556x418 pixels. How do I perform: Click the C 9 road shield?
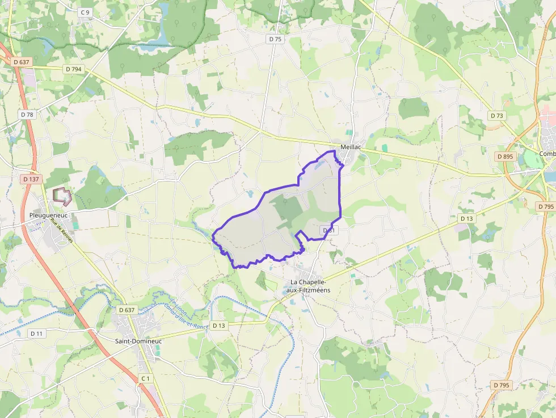pyautogui.click(x=85, y=12)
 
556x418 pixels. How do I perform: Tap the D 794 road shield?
pyautogui.click(x=74, y=69)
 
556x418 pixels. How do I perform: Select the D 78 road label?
pyautogui.click(x=27, y=115)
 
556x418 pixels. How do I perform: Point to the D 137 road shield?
pyautogui.click(x=31, y=179)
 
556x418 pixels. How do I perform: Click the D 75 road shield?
pyautogui.click(x=275, y=39)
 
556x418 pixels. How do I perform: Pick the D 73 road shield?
pyautogui.click(x=496, y=116)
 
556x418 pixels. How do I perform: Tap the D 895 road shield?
pyautogui.click(x=504, y=156)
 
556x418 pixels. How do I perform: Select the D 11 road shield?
pyautogui.click(x=36, y=333)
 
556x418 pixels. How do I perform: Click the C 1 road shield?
pyautogui.click(x=146, y=378)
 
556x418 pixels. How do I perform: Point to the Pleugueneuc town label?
pyautogui.click(x=48, y=216)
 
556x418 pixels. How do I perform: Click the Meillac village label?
pyautogui.click(x=351, y=147)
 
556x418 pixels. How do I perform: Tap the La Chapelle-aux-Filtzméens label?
pyautogui.click(x=310, y=286)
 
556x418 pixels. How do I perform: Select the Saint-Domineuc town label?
pyautogui.click(x=138, y=341)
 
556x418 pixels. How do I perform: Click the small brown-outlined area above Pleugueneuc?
pyautogui.click(x=62, y=196)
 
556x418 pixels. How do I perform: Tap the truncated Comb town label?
pyautogui.click(x=547, y=154)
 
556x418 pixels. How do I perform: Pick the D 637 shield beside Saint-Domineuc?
pyautogui.click(x=127, y=310)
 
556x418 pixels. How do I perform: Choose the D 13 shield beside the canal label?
pyautogui.click(x=218, y=326)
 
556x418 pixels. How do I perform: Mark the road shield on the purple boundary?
pyautogui.click(x=329, y=230)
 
